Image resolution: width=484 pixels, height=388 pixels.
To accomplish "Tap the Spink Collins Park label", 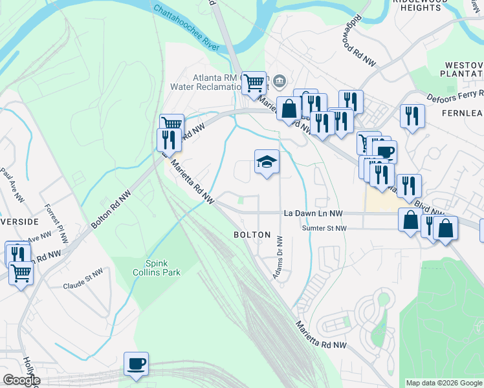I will point(163,268).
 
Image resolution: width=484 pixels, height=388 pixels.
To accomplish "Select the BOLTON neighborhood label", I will point(252,235).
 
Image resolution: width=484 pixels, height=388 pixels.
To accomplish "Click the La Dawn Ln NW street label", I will point(313,213).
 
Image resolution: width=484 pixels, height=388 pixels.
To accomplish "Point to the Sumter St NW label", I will point(325,228).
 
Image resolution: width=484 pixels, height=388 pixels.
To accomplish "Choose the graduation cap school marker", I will point(267,162).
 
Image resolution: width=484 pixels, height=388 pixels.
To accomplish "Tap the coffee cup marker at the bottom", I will point(137,363).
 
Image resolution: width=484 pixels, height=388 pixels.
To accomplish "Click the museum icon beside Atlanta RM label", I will point(280,81).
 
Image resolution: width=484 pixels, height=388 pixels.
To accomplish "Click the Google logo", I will point(21,380).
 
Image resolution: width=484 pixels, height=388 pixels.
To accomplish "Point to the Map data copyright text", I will point(444,383).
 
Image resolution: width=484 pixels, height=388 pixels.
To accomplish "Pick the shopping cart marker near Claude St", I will point(21,274).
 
